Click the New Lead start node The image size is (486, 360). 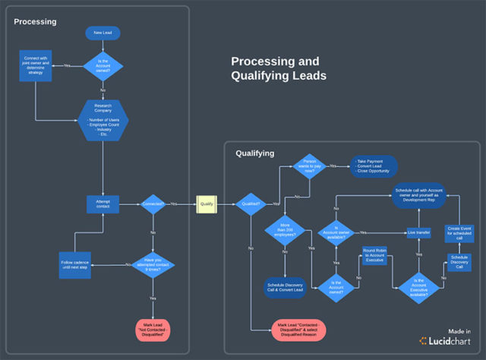(103, 33)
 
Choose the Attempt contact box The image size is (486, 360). (103, 204)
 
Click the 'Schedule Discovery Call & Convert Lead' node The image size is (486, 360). (285, 287)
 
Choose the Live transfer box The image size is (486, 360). (418, 232)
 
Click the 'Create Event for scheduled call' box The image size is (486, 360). (459, 231)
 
